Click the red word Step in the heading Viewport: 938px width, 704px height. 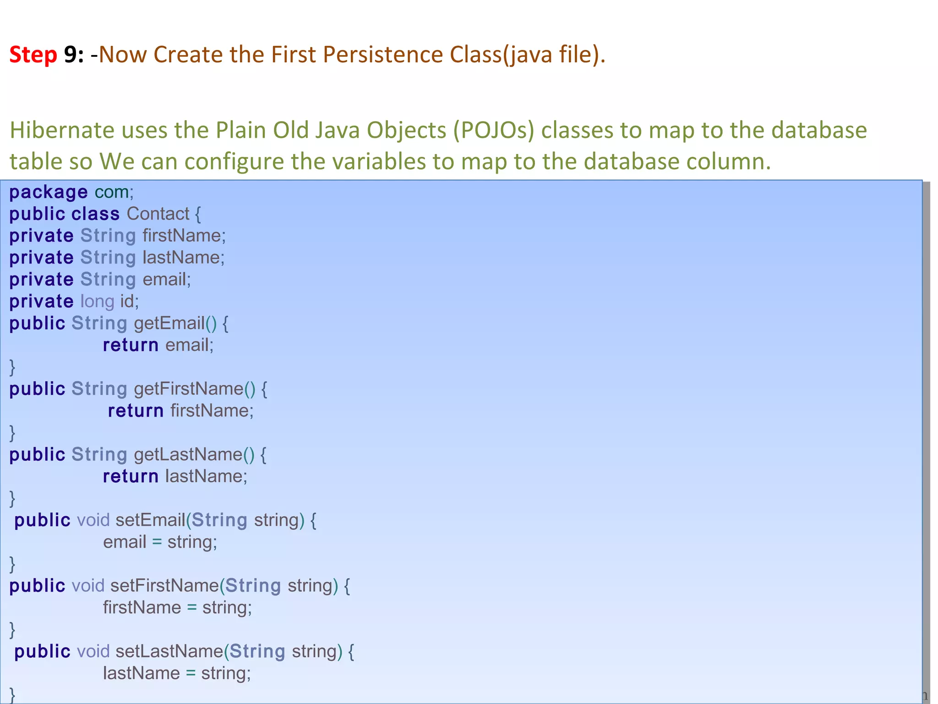[33, 55]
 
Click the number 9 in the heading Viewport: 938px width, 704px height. [70, 55]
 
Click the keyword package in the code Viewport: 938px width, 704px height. [48, 192]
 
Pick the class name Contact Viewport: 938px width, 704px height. [158, 214]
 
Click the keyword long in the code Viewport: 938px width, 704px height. [97, 302]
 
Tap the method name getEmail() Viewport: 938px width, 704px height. [175, 324]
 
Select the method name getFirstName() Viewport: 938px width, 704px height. [195, 389]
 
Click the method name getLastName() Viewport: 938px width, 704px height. [194, 455]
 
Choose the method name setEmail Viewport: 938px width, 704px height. [150, 520]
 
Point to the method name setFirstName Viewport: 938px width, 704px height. [164, 586]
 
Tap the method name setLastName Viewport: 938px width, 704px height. [169, 651]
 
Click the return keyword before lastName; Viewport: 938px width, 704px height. [131, 477]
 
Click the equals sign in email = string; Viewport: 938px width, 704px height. [157, 542]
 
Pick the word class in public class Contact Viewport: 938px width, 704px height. [95, 214]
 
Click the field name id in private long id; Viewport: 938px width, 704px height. [129, 302]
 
